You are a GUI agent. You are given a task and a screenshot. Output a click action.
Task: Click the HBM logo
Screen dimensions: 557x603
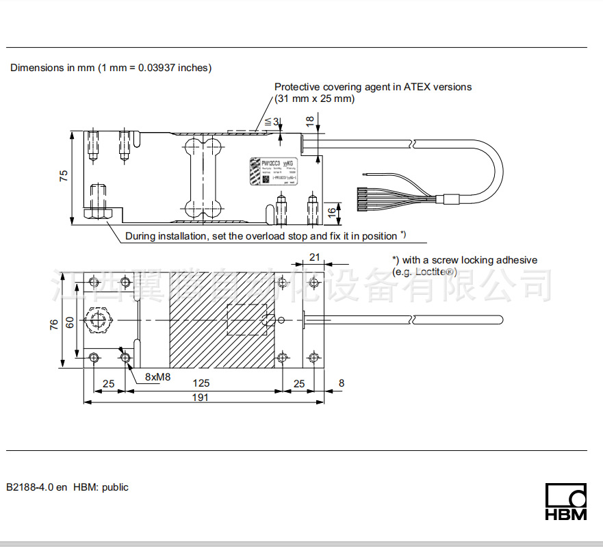(x=566, y=502)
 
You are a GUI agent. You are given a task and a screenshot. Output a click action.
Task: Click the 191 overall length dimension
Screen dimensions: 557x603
(x=200, y=397)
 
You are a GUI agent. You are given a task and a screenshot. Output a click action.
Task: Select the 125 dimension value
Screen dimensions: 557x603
(x=201, y=383)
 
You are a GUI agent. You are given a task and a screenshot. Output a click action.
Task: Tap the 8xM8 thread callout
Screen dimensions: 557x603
(x=157, y=377)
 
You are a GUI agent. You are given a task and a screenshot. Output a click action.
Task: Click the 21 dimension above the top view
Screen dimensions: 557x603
(x=315, y=257)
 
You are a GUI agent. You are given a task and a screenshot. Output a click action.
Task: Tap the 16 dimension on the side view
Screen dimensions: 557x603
(x=332, y=212)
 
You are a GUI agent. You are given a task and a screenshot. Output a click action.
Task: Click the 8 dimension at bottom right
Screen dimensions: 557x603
(x=342, y=383)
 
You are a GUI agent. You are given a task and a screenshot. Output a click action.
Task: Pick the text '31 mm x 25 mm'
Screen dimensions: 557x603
(x=315, y=99)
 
